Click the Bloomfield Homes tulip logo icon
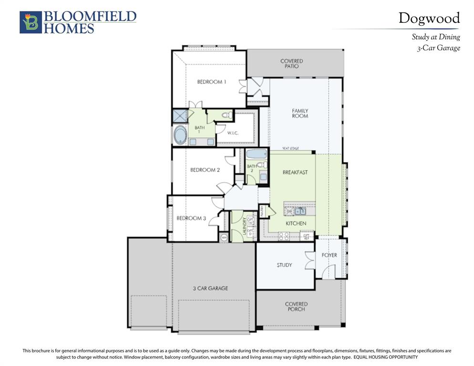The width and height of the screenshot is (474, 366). [31, 22]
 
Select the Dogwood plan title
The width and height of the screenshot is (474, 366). [429, 19]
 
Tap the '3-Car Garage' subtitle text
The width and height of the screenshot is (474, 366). [438, 48]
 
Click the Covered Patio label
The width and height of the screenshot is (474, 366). [291, 63]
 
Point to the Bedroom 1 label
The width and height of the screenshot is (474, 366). [211, 82]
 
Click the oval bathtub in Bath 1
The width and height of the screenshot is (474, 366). [180, 135]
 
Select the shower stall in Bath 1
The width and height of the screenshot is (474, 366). [180, 116]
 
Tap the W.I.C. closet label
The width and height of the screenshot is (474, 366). [233, 133]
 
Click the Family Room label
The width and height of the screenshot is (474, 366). [300, 113]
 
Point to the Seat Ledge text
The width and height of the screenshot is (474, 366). [290, 149]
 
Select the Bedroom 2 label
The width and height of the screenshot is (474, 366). [205, 170]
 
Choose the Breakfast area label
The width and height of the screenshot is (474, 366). [295, 172]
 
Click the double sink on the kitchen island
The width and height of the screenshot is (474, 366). [299, 211]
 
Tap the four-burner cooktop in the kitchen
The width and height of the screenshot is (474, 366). [284, 235]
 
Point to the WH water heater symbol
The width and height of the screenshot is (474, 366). [224, 237]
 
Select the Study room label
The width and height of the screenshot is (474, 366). [284, 265]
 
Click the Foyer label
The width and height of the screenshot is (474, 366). [329, 255]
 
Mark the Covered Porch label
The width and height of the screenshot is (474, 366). [296, 306]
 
